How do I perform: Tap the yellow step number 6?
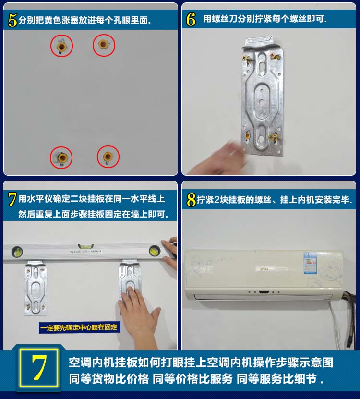(191, 20)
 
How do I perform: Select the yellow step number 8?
(192, 199)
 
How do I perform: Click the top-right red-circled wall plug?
(103, 45)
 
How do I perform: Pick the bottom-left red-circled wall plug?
(62, 157)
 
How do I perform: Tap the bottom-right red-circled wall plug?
(108, 157)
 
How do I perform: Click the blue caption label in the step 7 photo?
(80, 328)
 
